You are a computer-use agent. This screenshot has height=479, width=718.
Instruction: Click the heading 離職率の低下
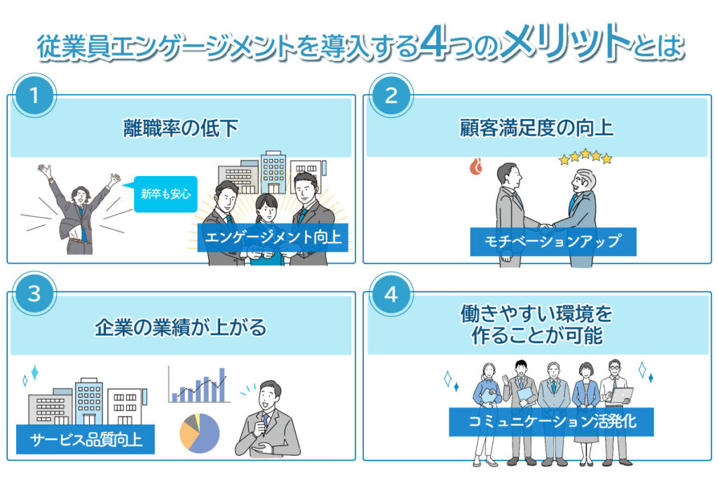181,128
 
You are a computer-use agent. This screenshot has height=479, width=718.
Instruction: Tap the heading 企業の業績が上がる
181,327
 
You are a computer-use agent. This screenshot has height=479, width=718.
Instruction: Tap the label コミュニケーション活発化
551,422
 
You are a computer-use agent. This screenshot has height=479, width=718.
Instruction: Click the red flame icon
476,166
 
